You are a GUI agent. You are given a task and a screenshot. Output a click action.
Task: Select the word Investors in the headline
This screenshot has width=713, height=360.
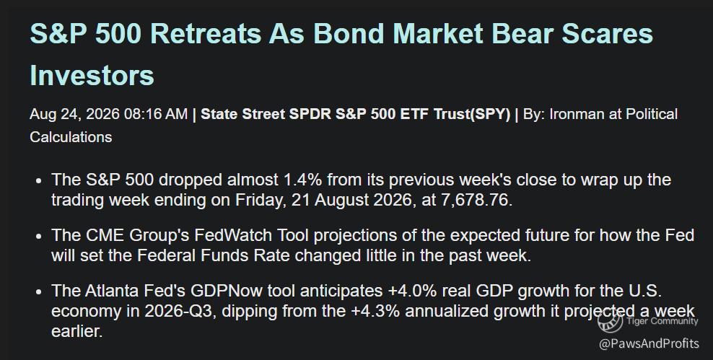click(x=92, y=75)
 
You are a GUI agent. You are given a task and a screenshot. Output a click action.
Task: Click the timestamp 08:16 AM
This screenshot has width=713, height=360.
click(x=155, y=114)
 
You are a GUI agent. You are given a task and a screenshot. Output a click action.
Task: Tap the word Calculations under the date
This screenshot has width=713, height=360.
click(x=71, y=137)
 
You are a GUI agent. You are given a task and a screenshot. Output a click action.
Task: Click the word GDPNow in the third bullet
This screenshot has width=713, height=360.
click(x=226, y=291)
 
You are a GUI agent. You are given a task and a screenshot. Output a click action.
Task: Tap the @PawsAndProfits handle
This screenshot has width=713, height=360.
click(x=649, y=343)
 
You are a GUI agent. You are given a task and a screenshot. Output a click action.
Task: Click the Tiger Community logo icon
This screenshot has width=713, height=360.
click(x=610, y=321)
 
